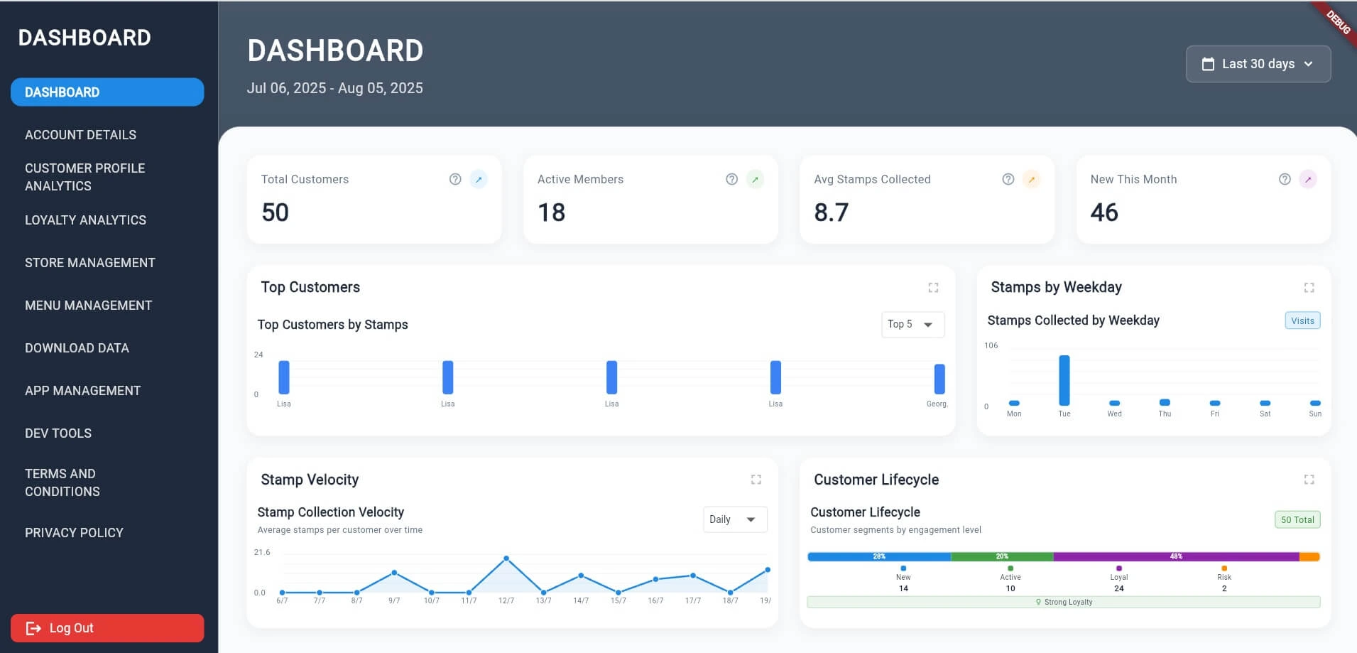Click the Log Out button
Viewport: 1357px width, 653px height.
pos(107,628)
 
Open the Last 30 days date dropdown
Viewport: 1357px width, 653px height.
pos(1258,64)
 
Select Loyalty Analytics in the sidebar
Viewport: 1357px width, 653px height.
pos(85,220)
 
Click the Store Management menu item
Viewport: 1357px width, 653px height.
pos(89,263)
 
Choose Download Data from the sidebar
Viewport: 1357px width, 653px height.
pos(77,348)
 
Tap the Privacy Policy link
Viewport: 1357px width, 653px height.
pos(74,533)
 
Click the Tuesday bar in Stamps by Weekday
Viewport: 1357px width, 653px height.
pos(1064,380)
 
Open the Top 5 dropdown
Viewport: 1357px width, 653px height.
pos(912,324)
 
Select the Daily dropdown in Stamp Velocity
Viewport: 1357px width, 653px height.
pos(734,519)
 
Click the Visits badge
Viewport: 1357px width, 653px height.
pos(1302,320)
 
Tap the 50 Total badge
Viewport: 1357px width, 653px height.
pos(1297,519)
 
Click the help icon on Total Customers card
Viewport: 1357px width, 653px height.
pos(455,179)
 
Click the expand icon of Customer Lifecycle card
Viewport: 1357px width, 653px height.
pos(1309,480)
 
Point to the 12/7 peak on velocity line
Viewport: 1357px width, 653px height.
pos(506,558)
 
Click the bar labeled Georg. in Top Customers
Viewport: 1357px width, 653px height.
pos(939,379)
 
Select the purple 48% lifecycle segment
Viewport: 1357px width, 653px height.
pos(1175,556)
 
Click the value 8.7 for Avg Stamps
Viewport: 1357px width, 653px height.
pos(831,212)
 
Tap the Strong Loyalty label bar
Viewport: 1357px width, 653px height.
pos(1063,602)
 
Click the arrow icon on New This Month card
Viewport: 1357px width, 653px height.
pos(1307,179)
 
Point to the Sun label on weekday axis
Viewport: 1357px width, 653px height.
pos(1314,414)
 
